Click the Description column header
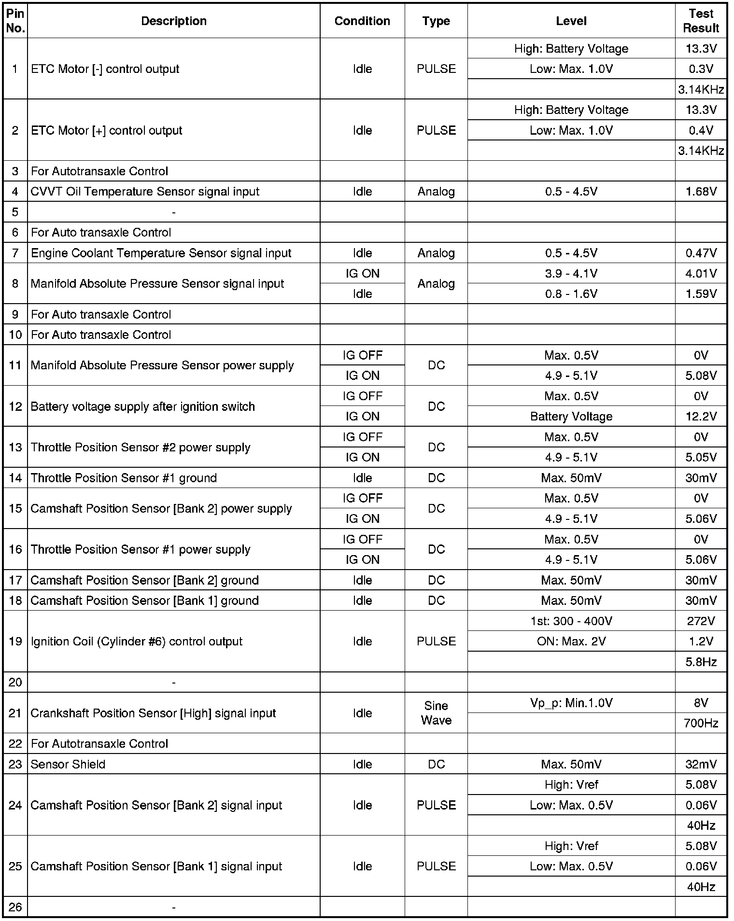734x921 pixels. [173, 21]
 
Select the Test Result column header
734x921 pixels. [701, 21]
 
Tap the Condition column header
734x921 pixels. [362, 21]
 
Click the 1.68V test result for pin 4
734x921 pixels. [701, 192]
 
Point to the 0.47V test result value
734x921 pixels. [701, 253]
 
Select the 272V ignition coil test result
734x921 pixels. [701, 621]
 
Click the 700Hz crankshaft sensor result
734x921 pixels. [701, 723]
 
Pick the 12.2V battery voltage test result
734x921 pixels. [701, 416]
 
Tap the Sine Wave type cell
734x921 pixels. [436, 713]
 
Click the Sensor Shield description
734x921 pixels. [68, 764]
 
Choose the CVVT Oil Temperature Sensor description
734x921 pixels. [145, 192]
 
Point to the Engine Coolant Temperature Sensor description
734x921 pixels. [161, 253]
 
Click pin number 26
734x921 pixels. [15, 907]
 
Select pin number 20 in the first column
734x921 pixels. [15, 682]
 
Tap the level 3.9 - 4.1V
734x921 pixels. [571, 273]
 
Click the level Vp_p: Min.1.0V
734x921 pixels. [571, 703]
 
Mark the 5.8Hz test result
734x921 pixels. [701, 662]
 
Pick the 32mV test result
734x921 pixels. [701, 764]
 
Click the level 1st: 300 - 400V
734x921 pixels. [571, 621]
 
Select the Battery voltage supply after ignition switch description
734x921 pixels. [142, 406]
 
